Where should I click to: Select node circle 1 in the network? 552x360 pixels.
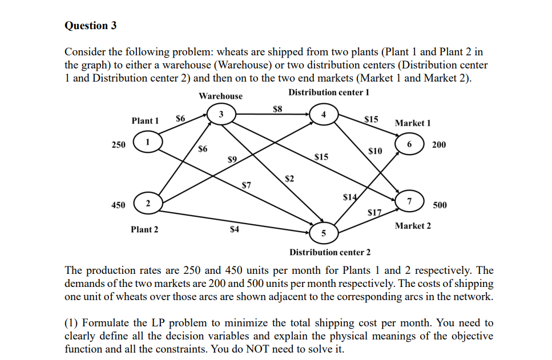click(x=148, y=142)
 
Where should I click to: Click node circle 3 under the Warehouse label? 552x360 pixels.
click(x=220, y=112)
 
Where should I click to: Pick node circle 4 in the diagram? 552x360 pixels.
click(x=323, y=113)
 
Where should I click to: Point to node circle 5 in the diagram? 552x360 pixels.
click(x=323, y=233)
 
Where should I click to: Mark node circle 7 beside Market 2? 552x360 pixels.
click(x=409, y=202)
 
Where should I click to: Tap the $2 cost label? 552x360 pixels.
click(x=289, y=179)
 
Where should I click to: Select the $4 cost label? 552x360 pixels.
click(x=234, y=230)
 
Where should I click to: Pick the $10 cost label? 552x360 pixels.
click(x=374, y=151)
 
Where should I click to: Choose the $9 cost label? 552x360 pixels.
click(x=232, y=160)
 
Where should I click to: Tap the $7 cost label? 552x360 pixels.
click(x=246, y=184)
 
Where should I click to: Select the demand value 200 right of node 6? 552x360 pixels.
click(x=439, y=145)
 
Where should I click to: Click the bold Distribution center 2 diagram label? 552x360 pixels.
click(x=329, y=252)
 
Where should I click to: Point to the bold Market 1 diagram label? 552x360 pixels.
click(x=412, y=123)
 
